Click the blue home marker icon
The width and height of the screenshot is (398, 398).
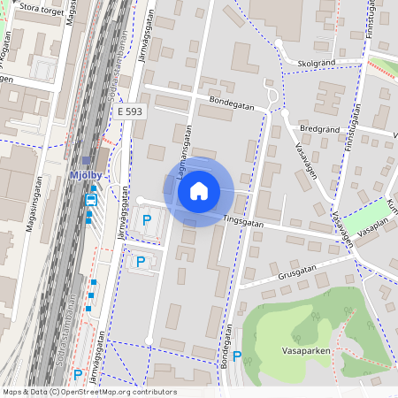pos(199,190)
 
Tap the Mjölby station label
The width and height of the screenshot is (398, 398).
pos(86,176)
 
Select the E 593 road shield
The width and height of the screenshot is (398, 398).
pos(129,111)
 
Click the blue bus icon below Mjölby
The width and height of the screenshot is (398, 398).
pos(90,200)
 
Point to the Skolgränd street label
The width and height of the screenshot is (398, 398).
pos(318,64)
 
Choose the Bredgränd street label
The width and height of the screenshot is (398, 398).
pos(320,128)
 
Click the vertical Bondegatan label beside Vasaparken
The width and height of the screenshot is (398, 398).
pos(226,345)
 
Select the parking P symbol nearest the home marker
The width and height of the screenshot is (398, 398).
pos(147,219)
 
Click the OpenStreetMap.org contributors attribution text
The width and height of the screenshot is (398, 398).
pos(117,392)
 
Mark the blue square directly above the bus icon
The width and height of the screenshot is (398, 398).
pos(93,188)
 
